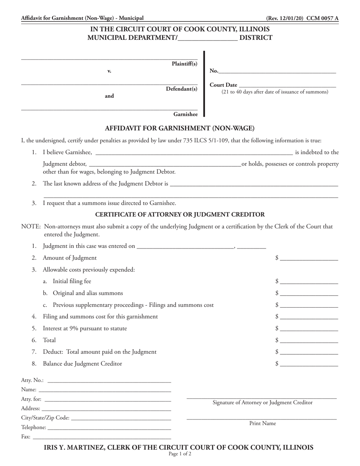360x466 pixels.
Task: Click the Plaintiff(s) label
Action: [x=185, y=64]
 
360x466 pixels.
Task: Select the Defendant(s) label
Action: [x=182, y=89]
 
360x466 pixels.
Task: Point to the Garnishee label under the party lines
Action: [x=185, y=114]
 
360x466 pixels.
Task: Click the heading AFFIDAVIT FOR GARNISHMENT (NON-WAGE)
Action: [x=180, y=128]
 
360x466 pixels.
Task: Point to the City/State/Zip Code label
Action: [x=45, y=418]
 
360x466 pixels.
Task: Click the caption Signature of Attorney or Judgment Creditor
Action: [x=263, y=403]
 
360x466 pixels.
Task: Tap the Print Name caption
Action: [x=263, y=424]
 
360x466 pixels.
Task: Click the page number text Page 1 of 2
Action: [x=180, y=454]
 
